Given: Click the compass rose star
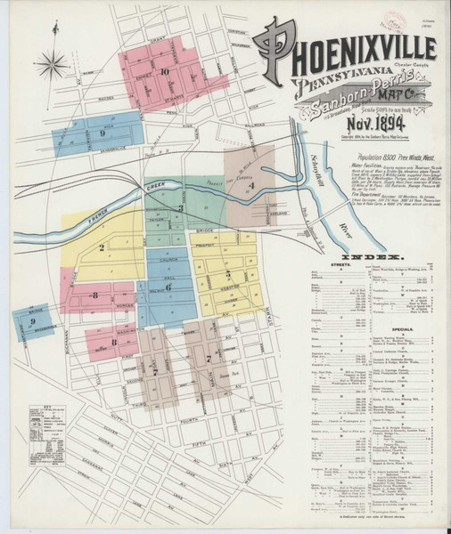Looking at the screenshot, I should point(54,63).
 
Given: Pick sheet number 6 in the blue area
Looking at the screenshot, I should point(168,287).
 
